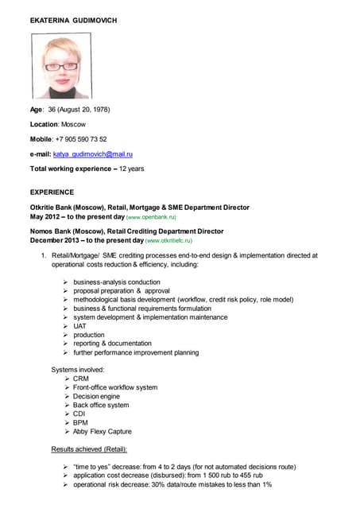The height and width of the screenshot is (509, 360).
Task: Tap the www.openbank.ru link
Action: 151,216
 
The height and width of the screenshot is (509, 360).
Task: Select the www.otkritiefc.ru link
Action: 168,239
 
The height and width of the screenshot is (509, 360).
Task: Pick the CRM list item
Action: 82,379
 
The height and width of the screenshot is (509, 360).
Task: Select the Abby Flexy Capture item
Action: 103,431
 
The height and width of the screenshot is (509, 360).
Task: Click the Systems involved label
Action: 78,370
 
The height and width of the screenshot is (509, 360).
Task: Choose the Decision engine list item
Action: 97,396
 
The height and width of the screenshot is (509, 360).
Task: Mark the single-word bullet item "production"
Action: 89,335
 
